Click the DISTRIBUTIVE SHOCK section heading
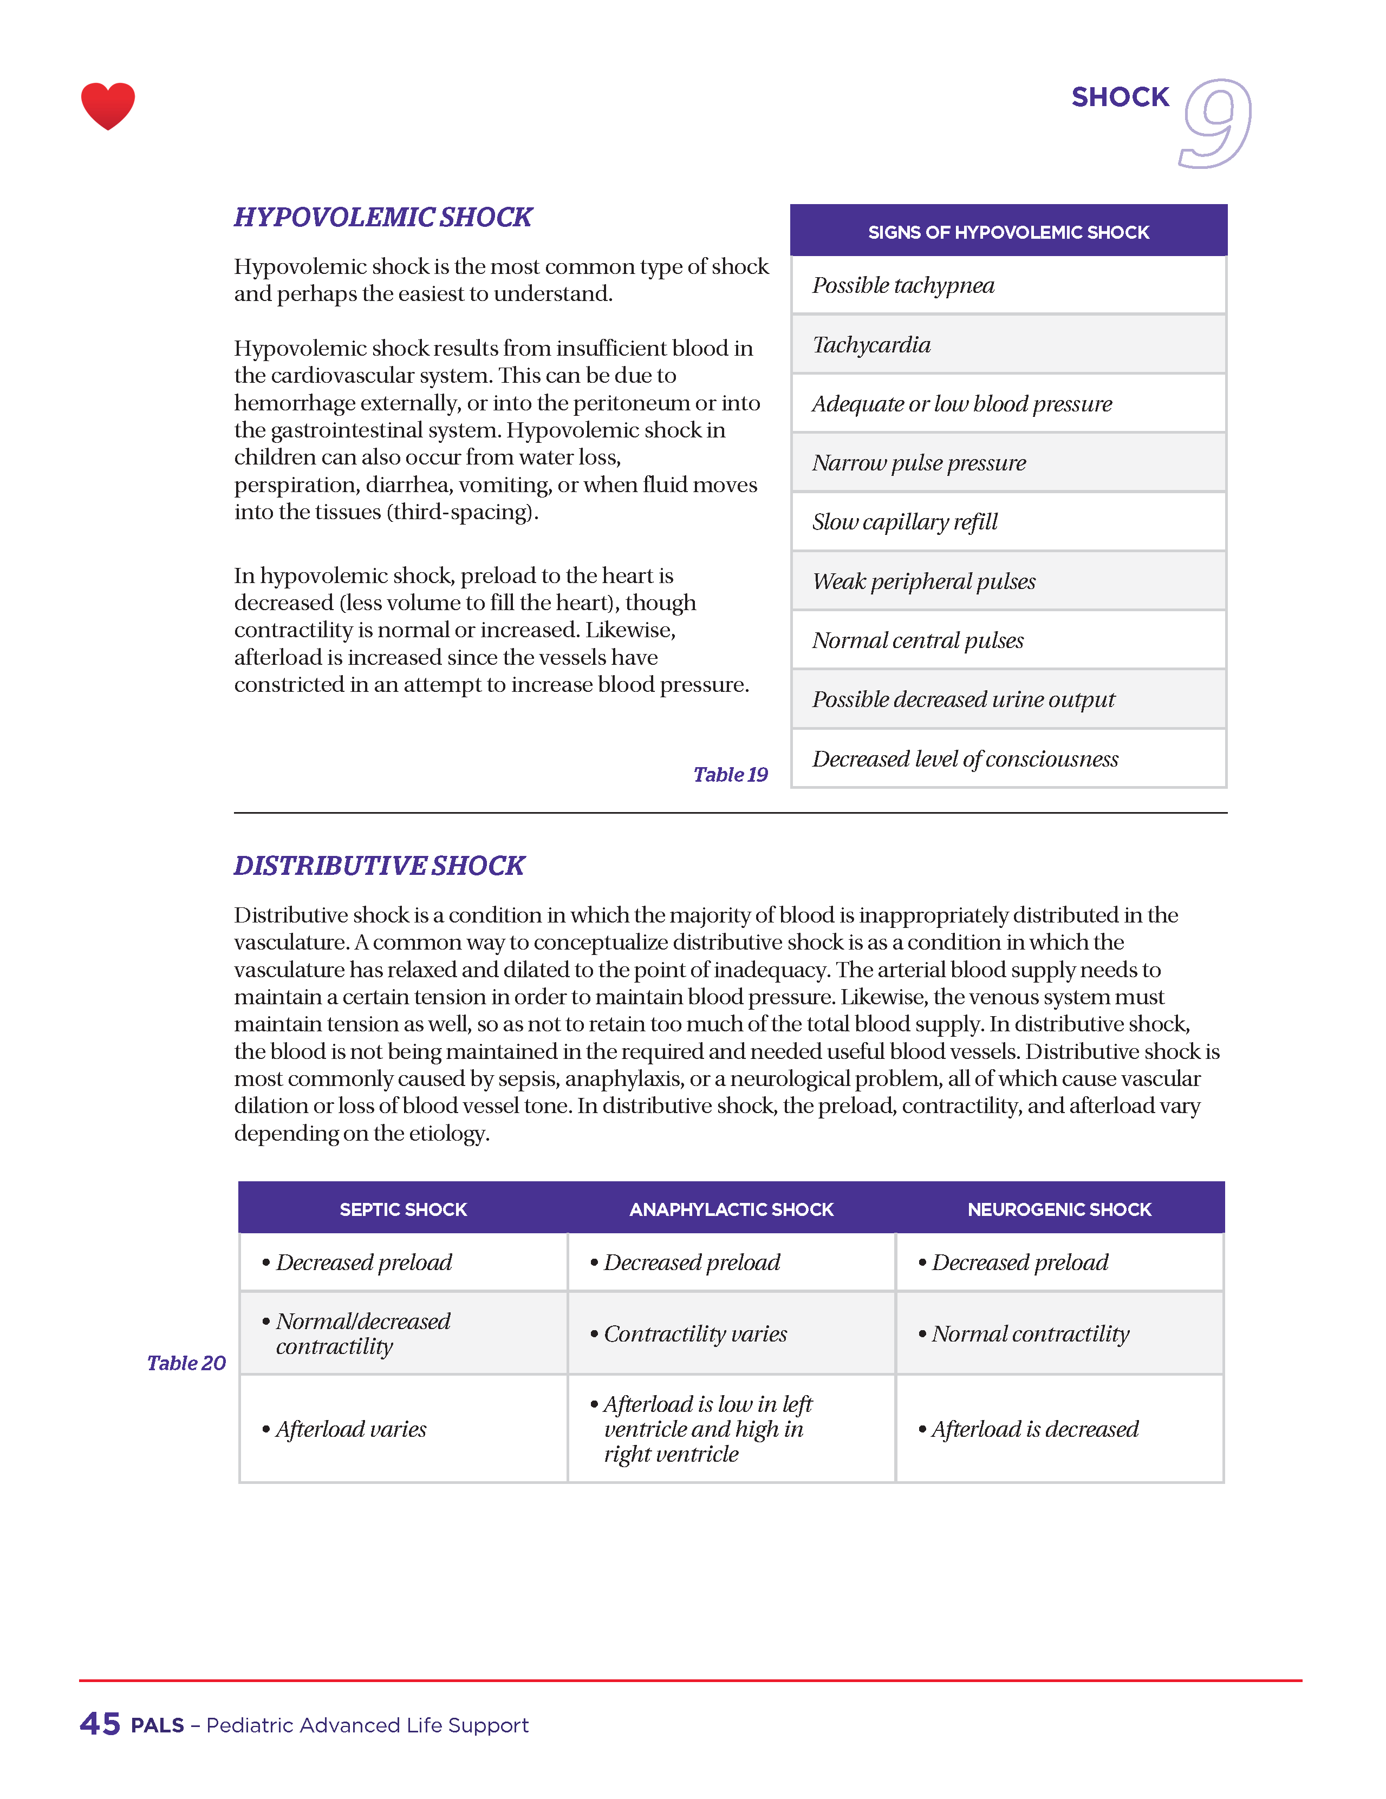(x=379, y=866)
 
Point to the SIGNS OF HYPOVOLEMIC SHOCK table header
(x=1008, y=232)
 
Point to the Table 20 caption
(x=186, y=1363)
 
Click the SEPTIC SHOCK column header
(x=403, y=1209)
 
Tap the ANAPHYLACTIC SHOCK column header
(x=731, y=1209)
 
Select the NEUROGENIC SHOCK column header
(x=1059, y=1209)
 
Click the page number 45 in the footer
(x=100, y=1724)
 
